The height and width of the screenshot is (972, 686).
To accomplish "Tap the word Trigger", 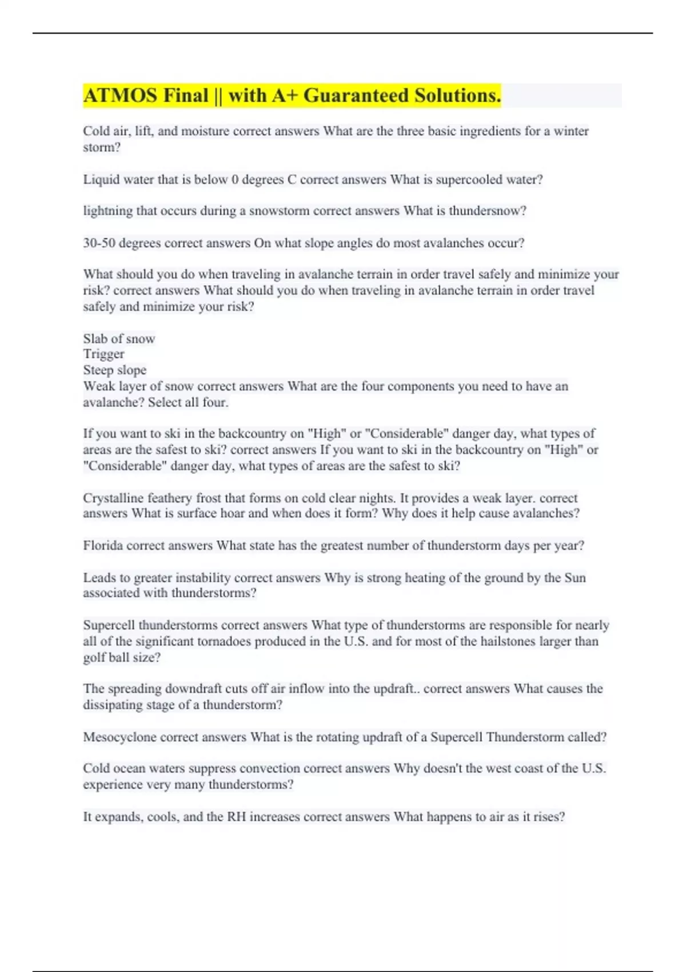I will (103, 354).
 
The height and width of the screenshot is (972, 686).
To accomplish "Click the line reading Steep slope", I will (114, 370).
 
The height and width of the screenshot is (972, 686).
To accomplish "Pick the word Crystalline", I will (113, 498).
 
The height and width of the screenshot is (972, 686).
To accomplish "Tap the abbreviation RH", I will (236, 817).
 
